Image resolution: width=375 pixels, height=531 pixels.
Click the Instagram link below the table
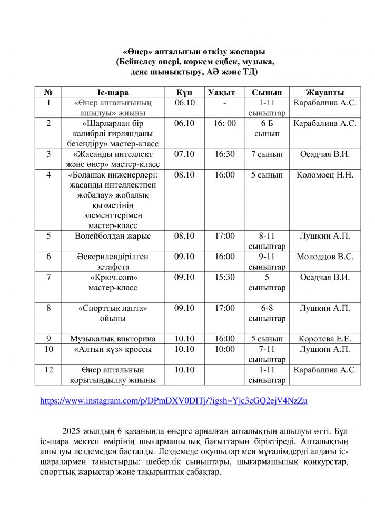click(x=174, y=401)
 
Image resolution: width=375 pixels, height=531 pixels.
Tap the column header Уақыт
click(x=224, y=92)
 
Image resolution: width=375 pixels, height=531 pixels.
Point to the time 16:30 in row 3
click(x=224, y=154)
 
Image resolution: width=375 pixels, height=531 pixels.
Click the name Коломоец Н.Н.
click(x=324, y=175)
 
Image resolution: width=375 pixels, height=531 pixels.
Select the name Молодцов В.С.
click(x=324, y=257)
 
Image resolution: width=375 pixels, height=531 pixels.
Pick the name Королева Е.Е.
click(x=324, y=339)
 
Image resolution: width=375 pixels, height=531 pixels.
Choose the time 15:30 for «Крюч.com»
click(x=224, y=277)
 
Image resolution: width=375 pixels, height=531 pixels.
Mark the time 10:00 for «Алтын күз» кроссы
click(x=224, y=349)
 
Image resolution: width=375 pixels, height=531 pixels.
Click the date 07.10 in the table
click(x=184, y=154)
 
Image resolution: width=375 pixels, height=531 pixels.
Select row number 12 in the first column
click(x=48, y=370)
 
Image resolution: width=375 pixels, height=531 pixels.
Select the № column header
click(x=48, y=92)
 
